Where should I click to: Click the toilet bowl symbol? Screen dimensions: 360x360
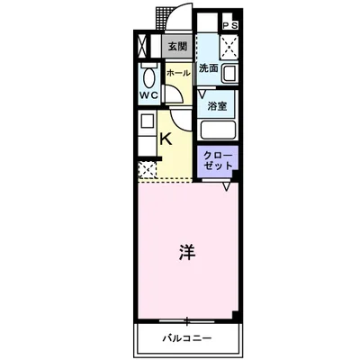148,76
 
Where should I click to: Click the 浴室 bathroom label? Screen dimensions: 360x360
217,105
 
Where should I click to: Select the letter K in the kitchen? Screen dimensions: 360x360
166,139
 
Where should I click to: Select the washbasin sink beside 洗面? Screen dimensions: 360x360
229,74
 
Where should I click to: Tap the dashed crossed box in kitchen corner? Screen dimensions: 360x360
146,167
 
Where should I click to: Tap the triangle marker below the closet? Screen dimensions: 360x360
228,186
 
